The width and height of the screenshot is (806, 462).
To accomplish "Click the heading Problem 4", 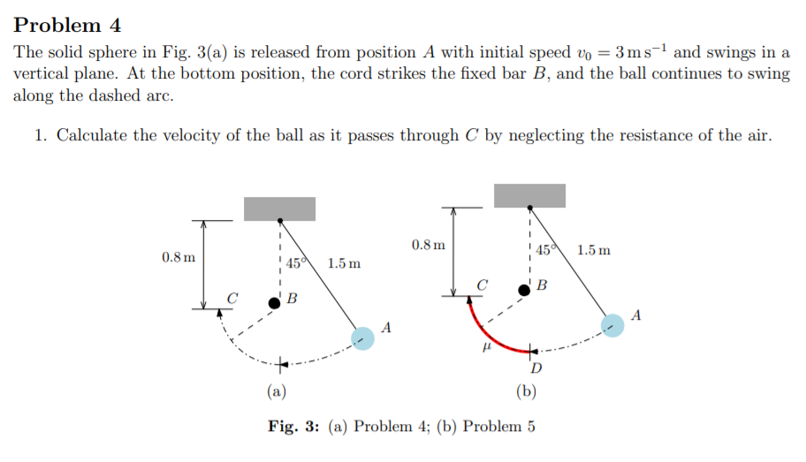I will tap(67, 25).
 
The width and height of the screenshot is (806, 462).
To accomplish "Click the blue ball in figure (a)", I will tap(362, 338).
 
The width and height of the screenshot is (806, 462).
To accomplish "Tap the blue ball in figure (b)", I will tap(612, 325).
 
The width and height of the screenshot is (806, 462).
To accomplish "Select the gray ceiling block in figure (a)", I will tap(279, 208).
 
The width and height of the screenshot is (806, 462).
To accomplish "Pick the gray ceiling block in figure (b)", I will tap(529, 195).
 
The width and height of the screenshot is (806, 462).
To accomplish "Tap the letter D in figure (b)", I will tap(536, 367).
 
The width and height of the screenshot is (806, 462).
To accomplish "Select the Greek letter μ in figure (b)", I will tap(483, 351).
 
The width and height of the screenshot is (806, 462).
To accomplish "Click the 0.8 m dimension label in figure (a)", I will tap(179, 257).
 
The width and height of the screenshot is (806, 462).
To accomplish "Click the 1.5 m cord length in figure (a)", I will tap(344, 263).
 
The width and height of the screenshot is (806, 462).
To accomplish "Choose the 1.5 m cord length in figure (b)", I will tap(593, 250).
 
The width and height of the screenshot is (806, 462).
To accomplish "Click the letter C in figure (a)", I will tap(233, 298).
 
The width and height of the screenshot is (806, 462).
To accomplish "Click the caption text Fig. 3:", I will tap(294, 427).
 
